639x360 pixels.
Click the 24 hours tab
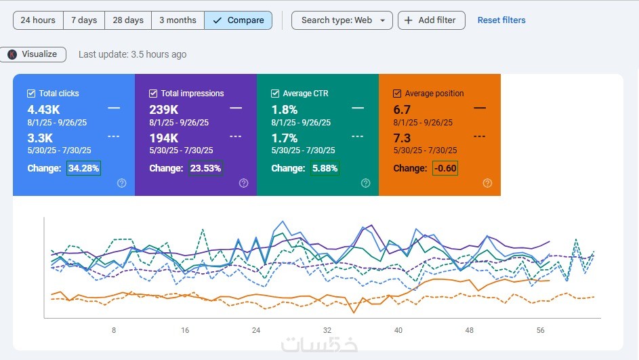coord(38,20)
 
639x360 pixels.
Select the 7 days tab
coord(84,20)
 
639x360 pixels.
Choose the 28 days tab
coord(128,20)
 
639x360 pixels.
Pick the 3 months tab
coord(178,20)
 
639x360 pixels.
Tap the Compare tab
coord(238,20)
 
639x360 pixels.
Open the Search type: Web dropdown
coord(342,20)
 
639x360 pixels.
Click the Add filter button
coord(431,20)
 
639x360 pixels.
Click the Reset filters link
coord(501,20)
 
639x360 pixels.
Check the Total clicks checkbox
coord(31,94)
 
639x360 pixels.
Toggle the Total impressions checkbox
coord(153,94)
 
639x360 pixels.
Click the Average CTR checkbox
coord(275,94)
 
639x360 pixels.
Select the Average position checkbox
coord(397,94)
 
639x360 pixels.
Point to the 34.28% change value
coord(83,168)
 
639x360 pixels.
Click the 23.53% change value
coord(205,168)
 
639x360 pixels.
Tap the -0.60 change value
coord(445,168)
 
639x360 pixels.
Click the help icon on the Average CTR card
coord(365,183)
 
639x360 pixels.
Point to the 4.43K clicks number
coord(44,110)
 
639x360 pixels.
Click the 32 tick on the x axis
coord(327,330)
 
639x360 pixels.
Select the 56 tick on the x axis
coord(540,330)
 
